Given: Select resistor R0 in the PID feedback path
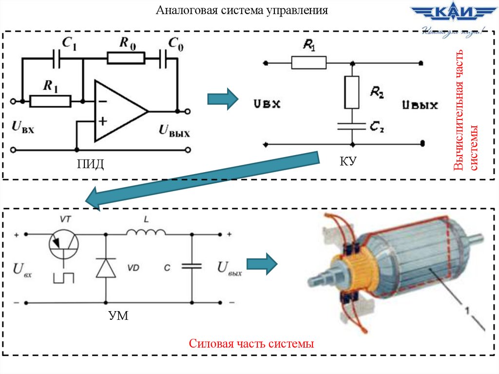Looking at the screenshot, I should click(x=126, y=59).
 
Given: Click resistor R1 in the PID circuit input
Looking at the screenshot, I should click(x=50, y=101).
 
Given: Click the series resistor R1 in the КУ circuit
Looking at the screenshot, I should click(x=309, y=62).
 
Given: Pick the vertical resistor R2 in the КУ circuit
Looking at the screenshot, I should click(x=351, y=92).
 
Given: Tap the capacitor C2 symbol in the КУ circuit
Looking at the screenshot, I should click(x=351, y=126).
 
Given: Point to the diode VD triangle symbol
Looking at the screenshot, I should click(x=106, y=268).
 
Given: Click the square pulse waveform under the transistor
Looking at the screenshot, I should click(x=64, y=277).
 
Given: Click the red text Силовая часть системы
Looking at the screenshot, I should click(x=251, y=343).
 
